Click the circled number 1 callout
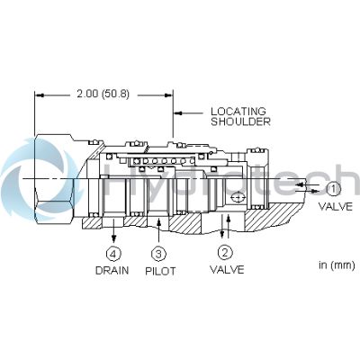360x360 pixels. click(x=333, y=189)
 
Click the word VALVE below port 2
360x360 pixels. click(x=227, y=268)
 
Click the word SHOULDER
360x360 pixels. click(x=239, y=121)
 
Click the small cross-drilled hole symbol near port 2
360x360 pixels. click(x=237, y=197)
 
